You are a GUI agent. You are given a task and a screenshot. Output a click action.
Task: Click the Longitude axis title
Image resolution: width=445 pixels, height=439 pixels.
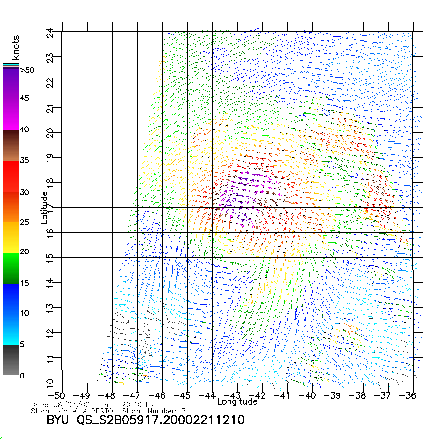[x=237, y=402]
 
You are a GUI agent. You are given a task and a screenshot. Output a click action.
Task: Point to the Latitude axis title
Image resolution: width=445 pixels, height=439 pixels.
[x=45, y=208]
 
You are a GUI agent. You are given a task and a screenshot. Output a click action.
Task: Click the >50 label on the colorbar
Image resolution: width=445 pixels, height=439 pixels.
[x=27, y=70]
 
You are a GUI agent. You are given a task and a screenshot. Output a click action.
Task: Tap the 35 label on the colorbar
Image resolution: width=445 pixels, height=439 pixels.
[x=24, y=161]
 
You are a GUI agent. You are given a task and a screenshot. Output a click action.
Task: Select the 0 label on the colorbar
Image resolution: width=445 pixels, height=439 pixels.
[x=22, y=376]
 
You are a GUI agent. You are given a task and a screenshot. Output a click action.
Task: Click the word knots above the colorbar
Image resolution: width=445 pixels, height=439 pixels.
[x=16, y=47]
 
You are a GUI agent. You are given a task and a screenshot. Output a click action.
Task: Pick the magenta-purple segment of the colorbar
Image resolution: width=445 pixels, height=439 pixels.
[x=11, y=99]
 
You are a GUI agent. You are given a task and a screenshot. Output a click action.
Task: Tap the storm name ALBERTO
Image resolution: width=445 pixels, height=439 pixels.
[x=98, y=411]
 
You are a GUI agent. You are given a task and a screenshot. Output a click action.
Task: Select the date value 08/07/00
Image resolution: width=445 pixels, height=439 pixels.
[x=72, y=405]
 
